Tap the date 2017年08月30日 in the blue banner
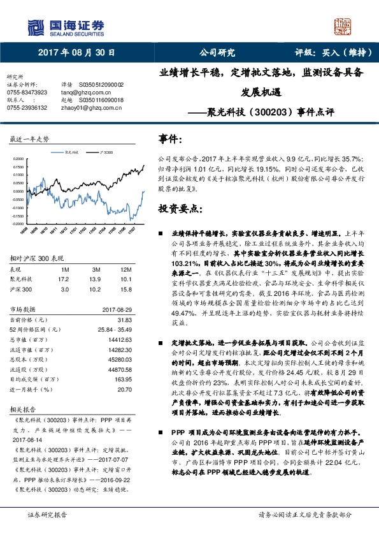(x=76, y=52)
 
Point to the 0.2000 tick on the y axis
(x=18, y=159)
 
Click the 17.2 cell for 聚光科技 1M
(x=63, y=279)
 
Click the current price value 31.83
(x=125, y=319)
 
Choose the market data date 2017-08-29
(x=116, y=311)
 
